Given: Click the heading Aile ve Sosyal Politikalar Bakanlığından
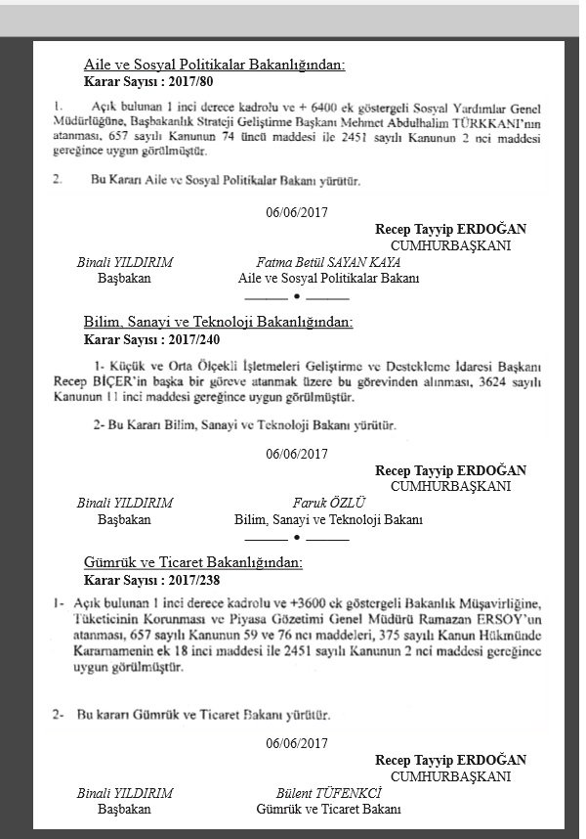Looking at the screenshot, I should (x=215, y=66).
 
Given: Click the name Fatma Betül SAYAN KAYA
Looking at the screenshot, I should (x=328, y=263).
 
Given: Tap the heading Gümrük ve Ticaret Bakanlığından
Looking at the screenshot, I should (x=193, y=562).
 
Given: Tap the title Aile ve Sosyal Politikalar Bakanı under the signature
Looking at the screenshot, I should (x=328, y=279).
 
